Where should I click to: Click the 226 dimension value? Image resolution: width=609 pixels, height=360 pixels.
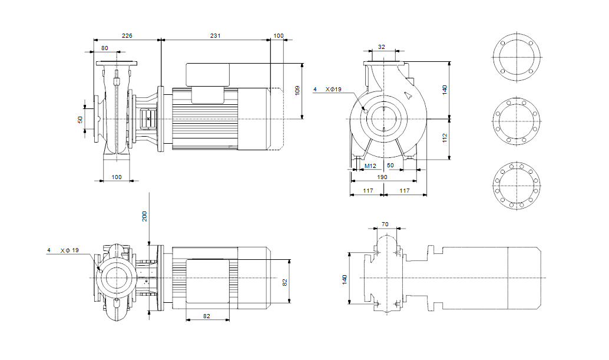click(x=127, y=36)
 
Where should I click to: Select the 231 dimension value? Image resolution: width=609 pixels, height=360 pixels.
click(x=216, y=36)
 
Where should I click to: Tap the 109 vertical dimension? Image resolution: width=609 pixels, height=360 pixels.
click(x=297, y=91)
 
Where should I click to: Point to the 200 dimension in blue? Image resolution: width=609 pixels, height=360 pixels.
click(x=144, y=216)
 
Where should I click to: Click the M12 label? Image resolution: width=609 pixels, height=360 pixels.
click(x=370, y=166)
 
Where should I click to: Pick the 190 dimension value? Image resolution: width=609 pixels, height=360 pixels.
click(x=382, y=177)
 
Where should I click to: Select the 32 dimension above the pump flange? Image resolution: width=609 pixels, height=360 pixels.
click(x=382, y=47)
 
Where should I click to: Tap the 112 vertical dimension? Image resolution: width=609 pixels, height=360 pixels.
click(x=445, y=138)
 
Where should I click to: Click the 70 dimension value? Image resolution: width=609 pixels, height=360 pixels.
click(x=385, y=224)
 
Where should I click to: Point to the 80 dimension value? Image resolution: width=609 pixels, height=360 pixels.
click(x=105, y=48)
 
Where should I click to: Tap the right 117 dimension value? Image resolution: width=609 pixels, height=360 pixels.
click(x=405, y=190)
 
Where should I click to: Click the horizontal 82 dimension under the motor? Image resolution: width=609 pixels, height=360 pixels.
click(x=207, y=316)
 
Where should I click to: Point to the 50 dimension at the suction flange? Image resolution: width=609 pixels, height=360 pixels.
click(x=80, y=120)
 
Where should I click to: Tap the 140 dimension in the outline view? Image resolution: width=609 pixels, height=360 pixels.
click(x=345, y=279)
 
